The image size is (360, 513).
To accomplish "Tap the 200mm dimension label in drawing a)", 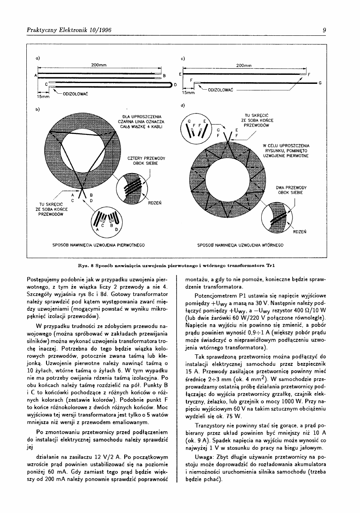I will click(x=99, y=65).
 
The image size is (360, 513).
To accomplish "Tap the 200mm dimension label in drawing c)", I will click(x=244, y=65).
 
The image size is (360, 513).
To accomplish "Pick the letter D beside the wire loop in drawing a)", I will click(x=175, y=84).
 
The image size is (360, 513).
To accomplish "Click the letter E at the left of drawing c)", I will click(x=180, y=74).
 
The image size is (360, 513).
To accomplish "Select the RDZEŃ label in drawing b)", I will click(x=156, y=202).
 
